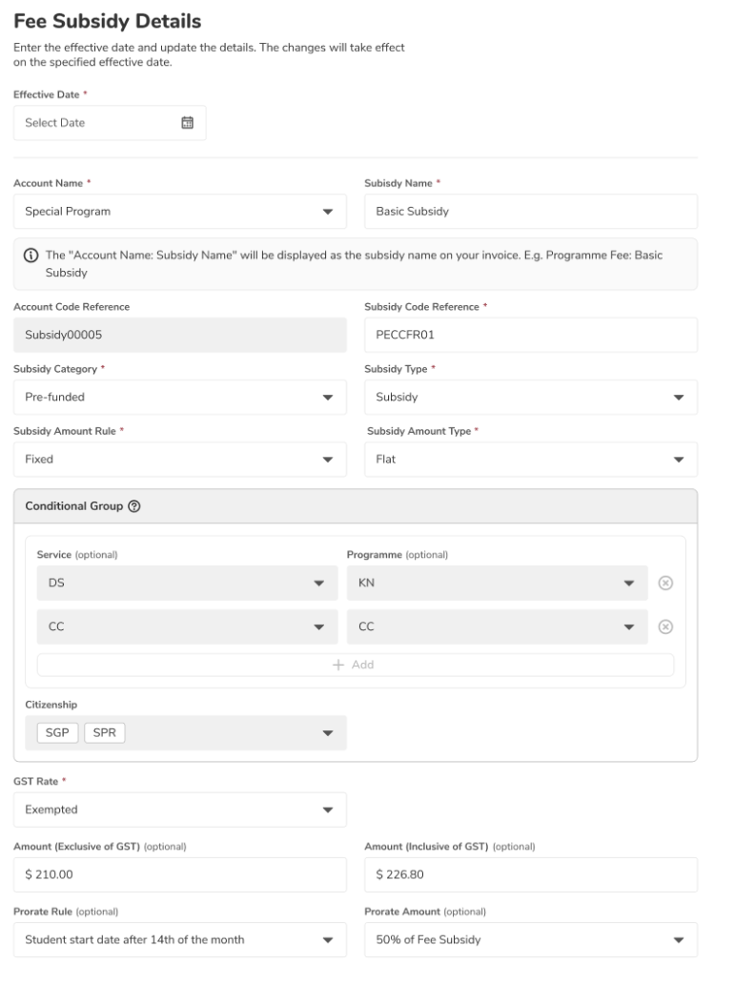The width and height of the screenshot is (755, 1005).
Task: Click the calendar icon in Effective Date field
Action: coord(187,122)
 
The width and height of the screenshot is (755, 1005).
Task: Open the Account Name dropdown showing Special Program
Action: coord(180,212)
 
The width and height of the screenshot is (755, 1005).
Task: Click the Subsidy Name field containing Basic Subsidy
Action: coord(531,212)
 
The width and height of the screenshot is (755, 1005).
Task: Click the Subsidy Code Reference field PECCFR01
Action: coord(531,336)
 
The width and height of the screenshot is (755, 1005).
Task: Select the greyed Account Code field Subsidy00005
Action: coord(180,336)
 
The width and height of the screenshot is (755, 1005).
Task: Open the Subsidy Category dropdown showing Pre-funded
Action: coord(180,397)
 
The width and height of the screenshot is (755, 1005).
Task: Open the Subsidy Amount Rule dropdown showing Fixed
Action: coord(180,459)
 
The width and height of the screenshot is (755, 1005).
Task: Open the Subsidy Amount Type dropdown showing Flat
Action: coord(531,459)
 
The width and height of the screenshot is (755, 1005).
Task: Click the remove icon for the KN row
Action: coord(666,583)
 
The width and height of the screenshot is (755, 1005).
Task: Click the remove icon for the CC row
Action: coord(666,626)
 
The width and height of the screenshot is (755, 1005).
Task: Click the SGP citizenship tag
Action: coord(56,732)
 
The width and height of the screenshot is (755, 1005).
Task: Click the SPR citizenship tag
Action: coord(105,732)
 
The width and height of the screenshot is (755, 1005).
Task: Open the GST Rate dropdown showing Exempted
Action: coord(180,810)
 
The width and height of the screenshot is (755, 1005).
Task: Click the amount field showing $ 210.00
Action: coord(180,874)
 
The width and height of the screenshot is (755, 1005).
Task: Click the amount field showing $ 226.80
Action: coord(531,874)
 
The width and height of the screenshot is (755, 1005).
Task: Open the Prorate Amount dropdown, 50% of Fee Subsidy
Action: coord(531,939)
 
